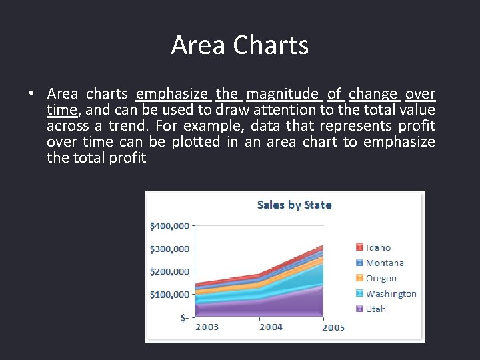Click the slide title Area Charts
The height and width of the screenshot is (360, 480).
click(x=240, y=45)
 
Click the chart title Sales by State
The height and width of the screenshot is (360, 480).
click(x=294, y=205)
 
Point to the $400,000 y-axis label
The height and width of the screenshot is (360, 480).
click(x=169, y=226)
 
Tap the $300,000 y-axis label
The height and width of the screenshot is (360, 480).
click(x=169, y=249)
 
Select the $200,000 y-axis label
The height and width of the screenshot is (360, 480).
click(x=169, y=271)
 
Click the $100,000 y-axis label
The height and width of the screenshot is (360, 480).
click(x=169, y=294)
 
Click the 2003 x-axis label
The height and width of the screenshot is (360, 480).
click(x=207, y=327)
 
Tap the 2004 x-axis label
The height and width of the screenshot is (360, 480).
click(x=271, y=327)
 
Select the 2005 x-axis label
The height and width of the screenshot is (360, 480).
click(x=333, y=327)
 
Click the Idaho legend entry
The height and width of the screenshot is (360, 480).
click(x=378, y=247)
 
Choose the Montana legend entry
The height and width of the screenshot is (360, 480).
click(x=385, y=263)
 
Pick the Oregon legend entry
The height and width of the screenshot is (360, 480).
click(x=381, y=278)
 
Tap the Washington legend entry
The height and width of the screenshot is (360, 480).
click(x=391, y=293)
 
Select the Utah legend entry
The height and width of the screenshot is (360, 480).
click(x=375, y=309)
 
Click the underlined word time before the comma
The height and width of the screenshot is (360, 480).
click(x=61, y=110)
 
